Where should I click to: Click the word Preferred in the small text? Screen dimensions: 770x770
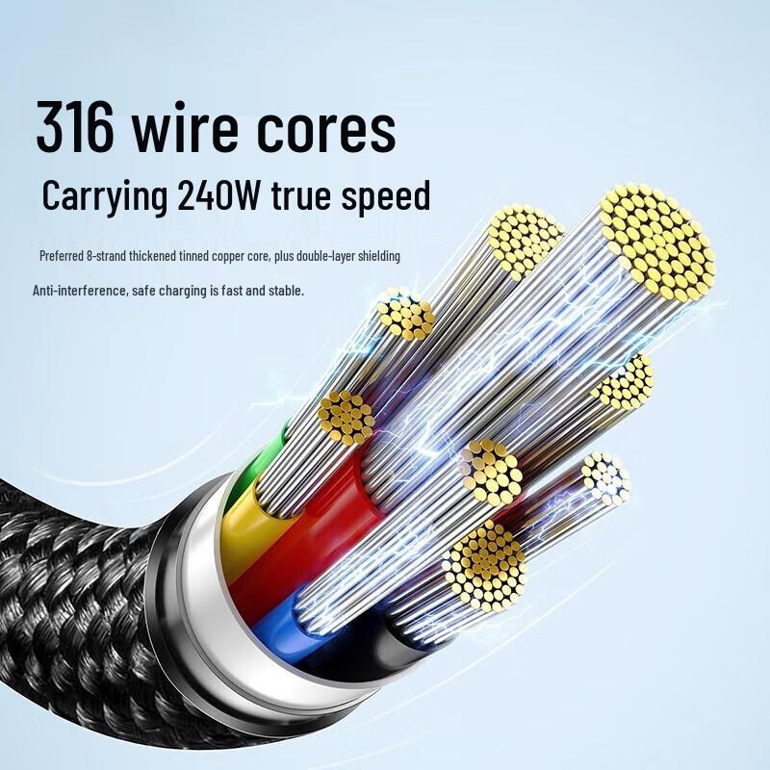click(62, 256)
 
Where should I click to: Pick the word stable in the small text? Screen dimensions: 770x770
click(286, 290)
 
